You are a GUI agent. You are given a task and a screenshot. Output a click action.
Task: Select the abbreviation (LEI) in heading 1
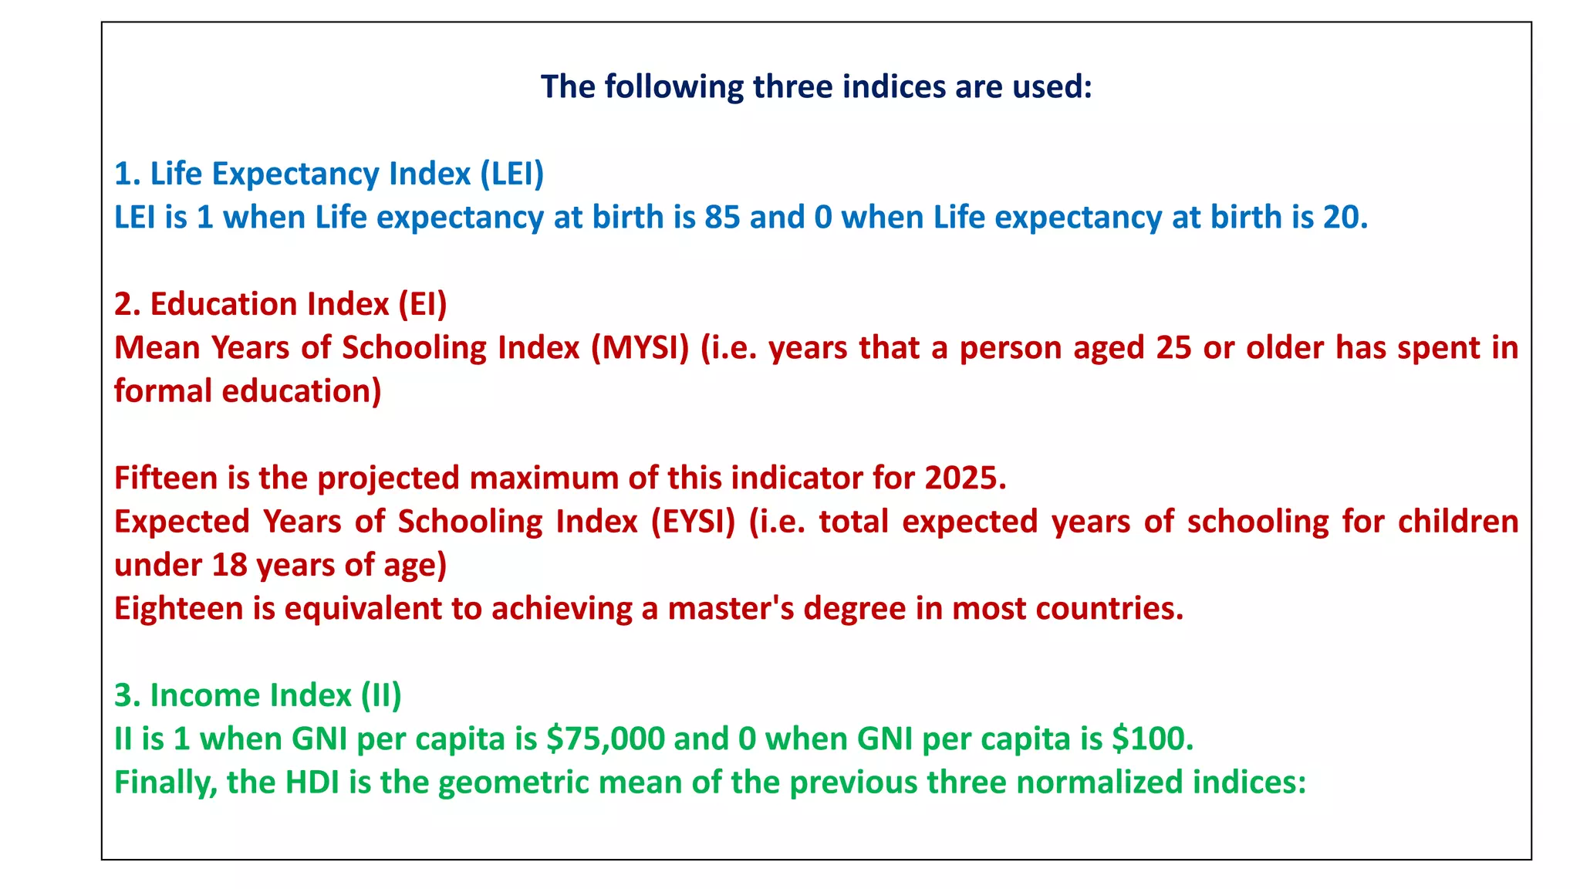[511, 174]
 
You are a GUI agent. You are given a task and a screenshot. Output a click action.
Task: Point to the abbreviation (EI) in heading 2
[423, 304]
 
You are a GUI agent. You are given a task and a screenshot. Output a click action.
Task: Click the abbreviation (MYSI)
[640, 348]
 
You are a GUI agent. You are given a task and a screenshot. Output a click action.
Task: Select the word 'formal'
[163, 391]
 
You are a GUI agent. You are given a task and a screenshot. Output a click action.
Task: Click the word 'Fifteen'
[166, 478]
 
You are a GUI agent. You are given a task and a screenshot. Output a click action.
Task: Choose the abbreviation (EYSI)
[693, 522]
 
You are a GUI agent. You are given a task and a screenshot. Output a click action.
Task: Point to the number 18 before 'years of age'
[229, 566]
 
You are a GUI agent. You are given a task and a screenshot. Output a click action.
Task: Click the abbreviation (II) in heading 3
[381, 695]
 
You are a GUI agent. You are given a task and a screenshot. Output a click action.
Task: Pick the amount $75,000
[605, 739]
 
